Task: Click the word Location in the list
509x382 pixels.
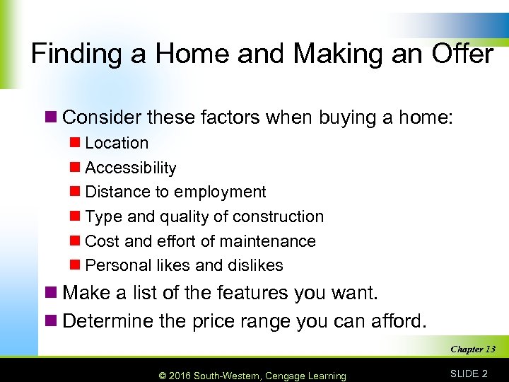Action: [x=117, y=143]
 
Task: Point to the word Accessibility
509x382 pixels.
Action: [x=131, y=168]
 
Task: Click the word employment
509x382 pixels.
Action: [x=220, y=192]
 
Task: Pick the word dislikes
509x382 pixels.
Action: [x=254, y=265]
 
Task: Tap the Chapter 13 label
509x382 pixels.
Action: [x=473, y=349]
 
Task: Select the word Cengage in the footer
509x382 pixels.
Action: [x=288, y=376]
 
